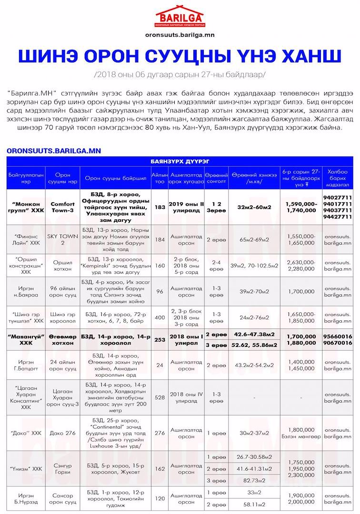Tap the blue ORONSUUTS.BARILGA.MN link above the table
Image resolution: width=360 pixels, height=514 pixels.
pos(54,151)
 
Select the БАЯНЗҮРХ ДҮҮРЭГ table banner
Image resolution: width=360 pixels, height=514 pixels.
pos(180,162)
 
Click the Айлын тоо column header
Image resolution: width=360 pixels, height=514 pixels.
pos(160,178)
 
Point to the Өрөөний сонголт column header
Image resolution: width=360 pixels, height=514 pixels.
pos(217,178)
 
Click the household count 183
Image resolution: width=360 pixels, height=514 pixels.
pos(160,208)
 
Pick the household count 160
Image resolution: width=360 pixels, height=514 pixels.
pos(160,265)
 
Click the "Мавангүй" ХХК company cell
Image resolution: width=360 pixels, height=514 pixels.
pos(26,339)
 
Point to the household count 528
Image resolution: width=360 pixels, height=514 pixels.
pos(160,397)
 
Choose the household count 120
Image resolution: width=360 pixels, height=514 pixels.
pos(160,498)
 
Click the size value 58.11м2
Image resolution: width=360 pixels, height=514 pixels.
pos(254,504)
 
